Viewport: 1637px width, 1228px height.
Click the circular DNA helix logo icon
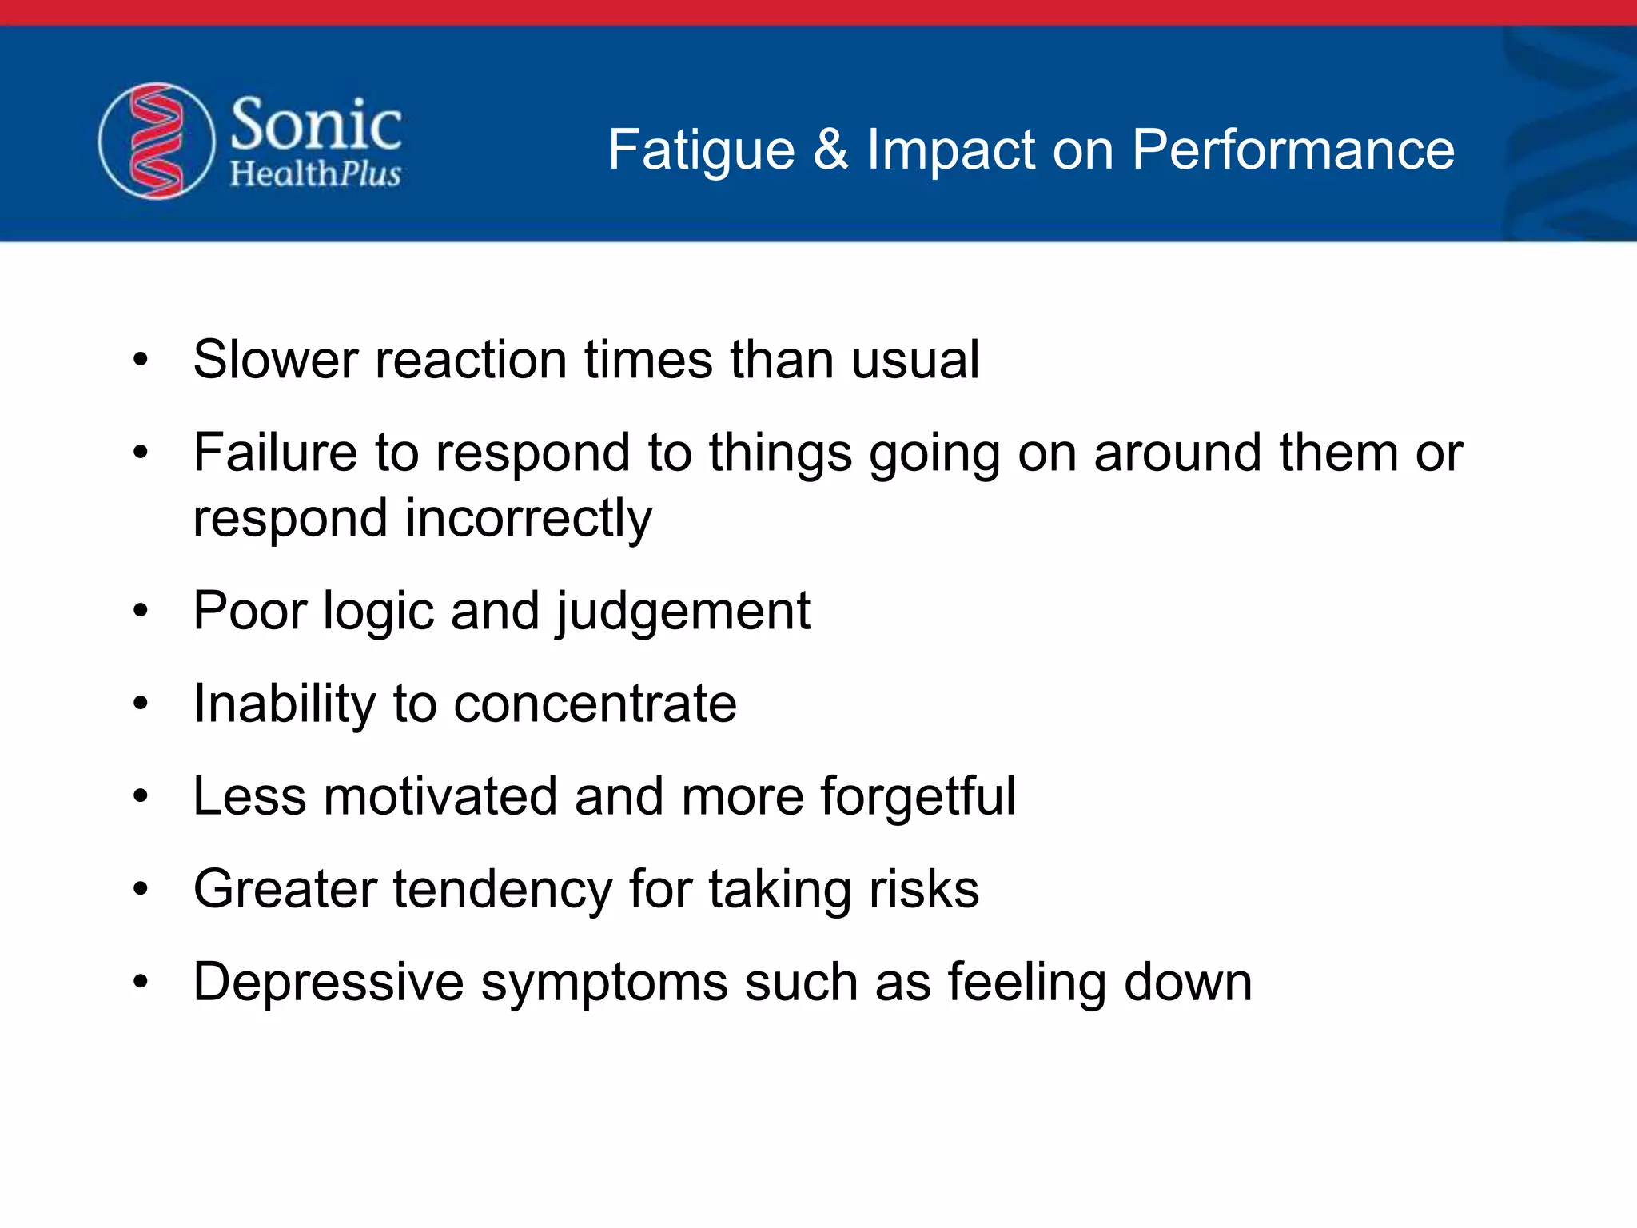157,142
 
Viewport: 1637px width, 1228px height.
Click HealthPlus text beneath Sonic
316,173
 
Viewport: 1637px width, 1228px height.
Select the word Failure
275,453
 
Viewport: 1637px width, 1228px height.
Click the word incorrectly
528,518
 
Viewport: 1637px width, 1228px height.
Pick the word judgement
683,612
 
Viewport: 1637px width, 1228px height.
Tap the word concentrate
595,704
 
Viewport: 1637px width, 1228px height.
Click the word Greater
285,889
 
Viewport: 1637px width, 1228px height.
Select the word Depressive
329,982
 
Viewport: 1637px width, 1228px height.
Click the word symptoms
604,983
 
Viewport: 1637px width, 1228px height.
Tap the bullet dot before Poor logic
141,612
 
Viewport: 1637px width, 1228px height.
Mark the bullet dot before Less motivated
141,796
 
